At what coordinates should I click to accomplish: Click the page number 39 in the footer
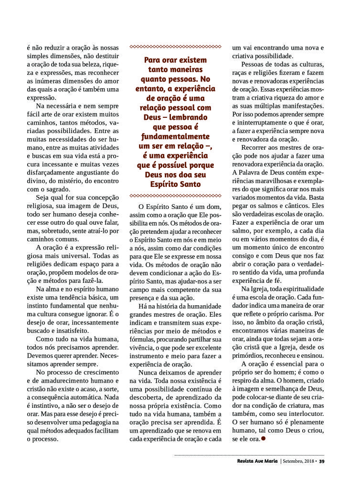click(322, 461)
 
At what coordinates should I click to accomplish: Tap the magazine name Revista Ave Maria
click(257, 461)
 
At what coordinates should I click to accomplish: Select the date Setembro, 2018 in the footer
click(298, 461)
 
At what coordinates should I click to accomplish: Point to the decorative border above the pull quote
click(175, 47)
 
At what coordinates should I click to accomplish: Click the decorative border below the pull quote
click(175, 196)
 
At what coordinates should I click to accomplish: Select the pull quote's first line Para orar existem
click(175, 60)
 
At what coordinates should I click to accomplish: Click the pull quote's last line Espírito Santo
click(175, 184)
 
